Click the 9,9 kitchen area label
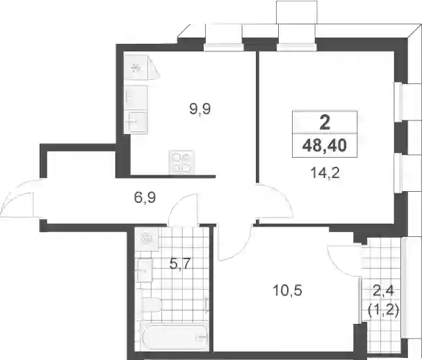(200, 109)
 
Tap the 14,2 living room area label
(325, 173)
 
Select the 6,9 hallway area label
(145, 198)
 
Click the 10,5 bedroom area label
(287, 291)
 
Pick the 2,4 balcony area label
(383, 291)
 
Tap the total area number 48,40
(325, 145)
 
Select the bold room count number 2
(325, 123)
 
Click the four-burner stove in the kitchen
(181, 163)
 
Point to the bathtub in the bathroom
(175, 338)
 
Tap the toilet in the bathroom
(152, 305)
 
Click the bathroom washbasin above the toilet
(145, 270)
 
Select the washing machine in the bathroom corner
(147, 239)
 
